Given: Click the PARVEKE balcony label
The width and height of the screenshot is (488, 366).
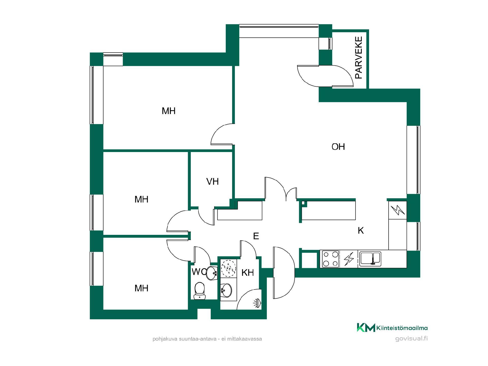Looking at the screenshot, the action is (x=359, y=58).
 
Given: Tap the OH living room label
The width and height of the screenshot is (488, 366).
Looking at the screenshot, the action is (x=338, y=147).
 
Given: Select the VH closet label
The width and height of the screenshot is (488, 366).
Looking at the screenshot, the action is (x=212, y=181).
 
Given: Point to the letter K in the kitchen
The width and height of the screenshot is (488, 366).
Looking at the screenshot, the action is (x=361, y=231).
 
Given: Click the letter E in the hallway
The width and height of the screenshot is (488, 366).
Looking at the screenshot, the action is (x=256, y=236).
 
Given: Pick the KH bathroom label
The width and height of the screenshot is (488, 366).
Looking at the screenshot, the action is (x=248, y=273).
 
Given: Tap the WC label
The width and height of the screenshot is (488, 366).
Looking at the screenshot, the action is (x=199, y=272).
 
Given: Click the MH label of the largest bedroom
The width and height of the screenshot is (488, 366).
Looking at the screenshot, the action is (x=169, y=111).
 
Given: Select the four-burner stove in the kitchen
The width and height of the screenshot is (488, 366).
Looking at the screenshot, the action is (x=331, y=259).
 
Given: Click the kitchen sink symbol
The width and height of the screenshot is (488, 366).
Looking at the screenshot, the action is (x=370, y=259).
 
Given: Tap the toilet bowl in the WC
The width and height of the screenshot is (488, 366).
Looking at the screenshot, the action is (x=200, y=291).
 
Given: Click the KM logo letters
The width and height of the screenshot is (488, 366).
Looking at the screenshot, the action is (x=366, y=327).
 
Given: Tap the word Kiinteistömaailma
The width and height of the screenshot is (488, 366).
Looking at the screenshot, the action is (x=402, y=328).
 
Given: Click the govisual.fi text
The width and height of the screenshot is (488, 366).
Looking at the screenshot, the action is (x=411, y=339).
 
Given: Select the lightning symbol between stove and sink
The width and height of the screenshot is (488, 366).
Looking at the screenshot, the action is (x=349, y=259).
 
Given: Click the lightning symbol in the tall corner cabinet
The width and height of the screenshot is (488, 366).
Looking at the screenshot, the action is (x=398, y=210).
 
